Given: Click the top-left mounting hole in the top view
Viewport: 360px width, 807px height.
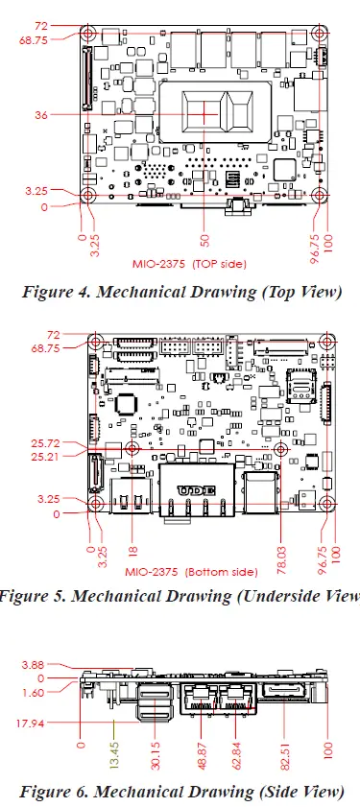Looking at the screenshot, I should tap(88, 33).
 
